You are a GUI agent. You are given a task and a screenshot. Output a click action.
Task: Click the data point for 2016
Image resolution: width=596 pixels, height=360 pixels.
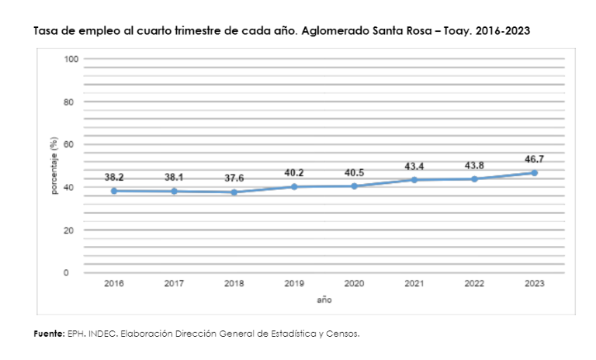pos(114,191)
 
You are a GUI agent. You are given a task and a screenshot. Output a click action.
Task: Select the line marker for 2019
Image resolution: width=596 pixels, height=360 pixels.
pos(294,186)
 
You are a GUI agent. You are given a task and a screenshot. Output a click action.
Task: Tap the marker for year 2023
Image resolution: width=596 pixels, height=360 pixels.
pos(534,172)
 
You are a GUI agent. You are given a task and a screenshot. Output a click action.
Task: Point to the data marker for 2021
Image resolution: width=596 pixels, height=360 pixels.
pos(414,180)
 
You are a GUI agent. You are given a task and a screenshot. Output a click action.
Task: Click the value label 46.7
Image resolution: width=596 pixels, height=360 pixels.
pos(534,159)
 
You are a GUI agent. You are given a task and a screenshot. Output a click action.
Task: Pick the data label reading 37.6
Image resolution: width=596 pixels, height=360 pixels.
pos(234,178)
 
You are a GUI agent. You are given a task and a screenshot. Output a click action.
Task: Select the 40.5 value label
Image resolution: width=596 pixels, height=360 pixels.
pos(354,173)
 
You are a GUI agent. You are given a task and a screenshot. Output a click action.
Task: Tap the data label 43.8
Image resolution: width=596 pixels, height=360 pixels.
pos(474,166)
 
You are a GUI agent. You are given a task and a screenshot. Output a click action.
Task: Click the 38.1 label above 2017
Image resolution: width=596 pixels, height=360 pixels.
pos(174,178)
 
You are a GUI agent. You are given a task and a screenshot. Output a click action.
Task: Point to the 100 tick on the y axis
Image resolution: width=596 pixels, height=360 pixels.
pos(70,59)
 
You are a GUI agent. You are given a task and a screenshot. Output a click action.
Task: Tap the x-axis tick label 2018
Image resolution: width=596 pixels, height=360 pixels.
pos(234,284)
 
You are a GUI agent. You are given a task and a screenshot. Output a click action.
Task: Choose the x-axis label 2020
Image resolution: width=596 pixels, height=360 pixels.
pos(354,284)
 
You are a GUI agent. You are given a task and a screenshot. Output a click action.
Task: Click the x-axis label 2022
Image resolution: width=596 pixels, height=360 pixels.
pos(474,284)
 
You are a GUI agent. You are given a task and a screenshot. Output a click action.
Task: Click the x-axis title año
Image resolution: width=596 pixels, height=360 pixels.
pos(324,299)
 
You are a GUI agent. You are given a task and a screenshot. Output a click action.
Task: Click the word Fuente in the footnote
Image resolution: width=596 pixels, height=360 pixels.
pos(47,334)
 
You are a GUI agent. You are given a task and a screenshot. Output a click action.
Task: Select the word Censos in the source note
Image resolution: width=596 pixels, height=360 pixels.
pos(344,334)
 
